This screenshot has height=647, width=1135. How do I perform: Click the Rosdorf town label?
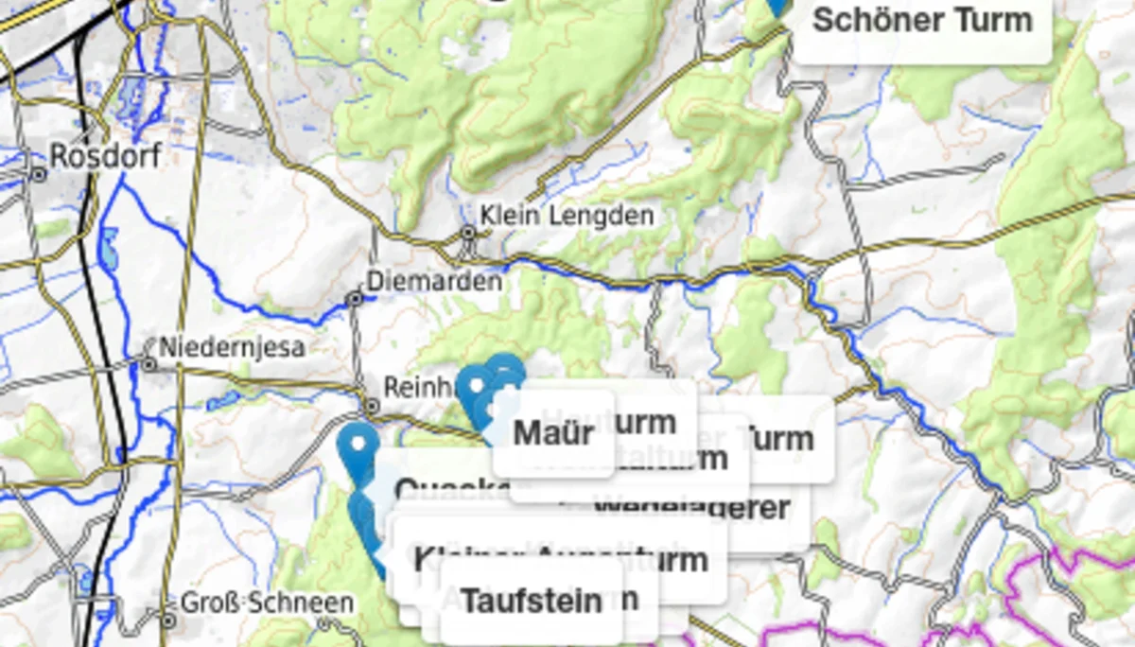tap(105, 155)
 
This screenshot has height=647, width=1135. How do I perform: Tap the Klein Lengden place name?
tap(567, 216)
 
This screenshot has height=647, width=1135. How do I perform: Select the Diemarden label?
tap(434, 281)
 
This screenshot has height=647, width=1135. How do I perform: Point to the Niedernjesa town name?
tap(232, 347)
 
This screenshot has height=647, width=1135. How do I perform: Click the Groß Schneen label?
tap(267, 603)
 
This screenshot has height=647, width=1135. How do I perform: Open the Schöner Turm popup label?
tap(922, 20)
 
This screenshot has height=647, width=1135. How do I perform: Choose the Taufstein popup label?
tap(531, 601)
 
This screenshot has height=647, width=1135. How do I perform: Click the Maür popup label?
tap(553, 433)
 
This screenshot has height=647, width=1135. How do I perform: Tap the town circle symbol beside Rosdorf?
tap(39, 174)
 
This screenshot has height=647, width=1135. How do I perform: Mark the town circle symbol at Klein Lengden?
tap(468, 232)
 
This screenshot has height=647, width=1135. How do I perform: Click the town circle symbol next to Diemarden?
tap(355, 298)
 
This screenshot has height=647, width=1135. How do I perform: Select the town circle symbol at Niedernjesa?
tap(148, 363)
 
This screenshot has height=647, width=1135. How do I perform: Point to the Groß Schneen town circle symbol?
tap(168, 621)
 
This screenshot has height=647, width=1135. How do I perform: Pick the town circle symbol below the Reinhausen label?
tap(372, 406)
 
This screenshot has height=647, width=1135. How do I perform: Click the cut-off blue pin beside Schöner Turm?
tap(777, 8)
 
